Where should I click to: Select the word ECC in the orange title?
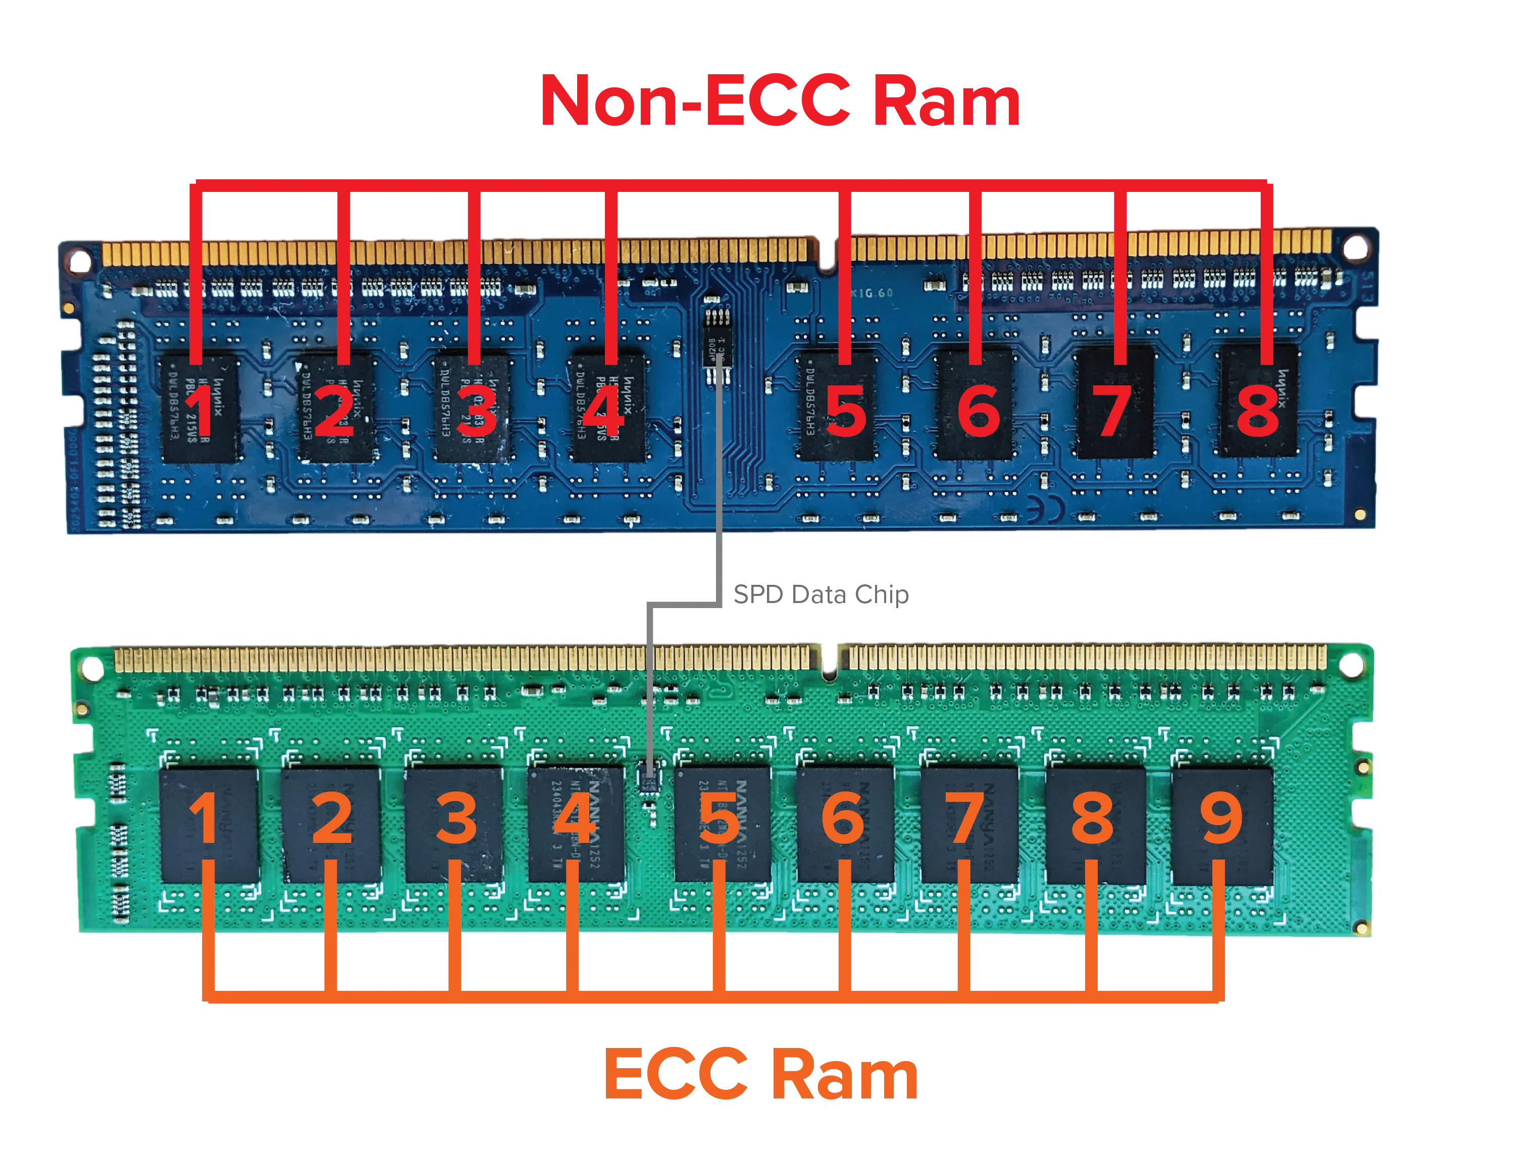tap(678, 1074)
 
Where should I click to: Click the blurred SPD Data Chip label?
tap(820, 594)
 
